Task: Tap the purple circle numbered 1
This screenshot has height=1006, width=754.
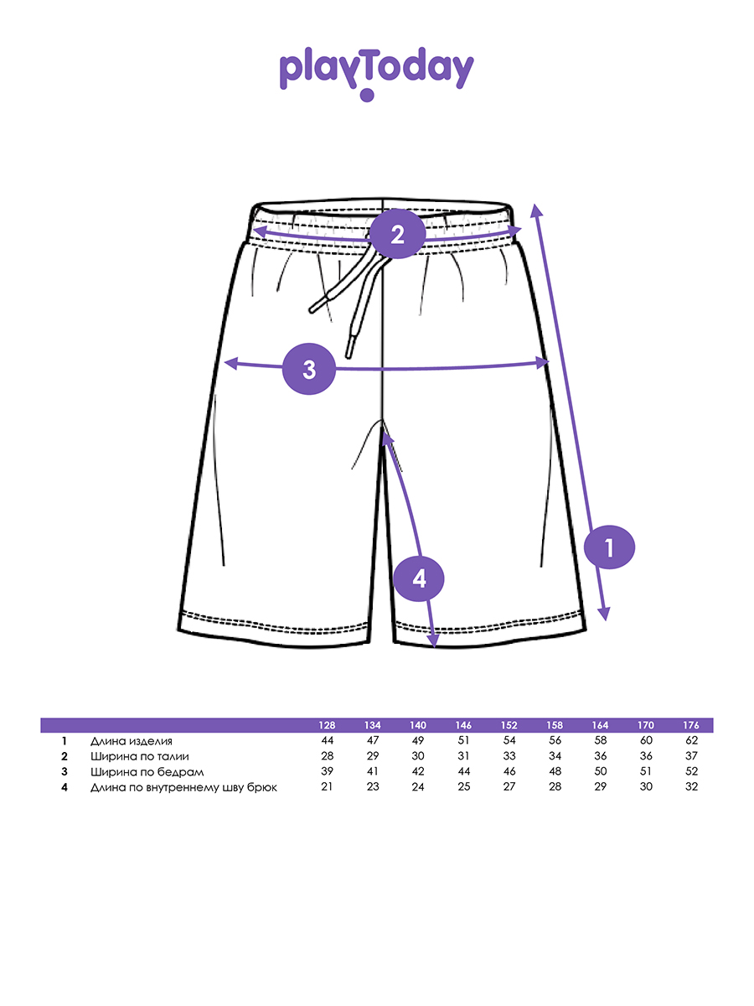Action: coord(609,548)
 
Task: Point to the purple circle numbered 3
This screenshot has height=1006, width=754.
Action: coord(309,368)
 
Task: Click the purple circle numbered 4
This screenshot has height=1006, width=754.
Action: coord(419,578)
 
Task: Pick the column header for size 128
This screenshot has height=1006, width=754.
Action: coord(328,725)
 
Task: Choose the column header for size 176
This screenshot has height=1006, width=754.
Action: coord(691,725)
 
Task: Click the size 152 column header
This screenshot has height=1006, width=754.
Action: coord(509,725)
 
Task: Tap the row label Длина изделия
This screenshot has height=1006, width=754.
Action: coord(132,741)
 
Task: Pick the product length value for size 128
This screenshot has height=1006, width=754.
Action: coord(328,741)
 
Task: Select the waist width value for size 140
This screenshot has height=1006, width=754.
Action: coord(418,756)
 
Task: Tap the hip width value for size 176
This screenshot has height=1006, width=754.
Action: coord(691,771)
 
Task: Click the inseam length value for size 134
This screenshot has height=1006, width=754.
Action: coord(373,786)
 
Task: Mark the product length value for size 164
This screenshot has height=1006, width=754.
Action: coord(600,741)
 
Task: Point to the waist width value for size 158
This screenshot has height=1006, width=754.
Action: coord(555,756)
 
